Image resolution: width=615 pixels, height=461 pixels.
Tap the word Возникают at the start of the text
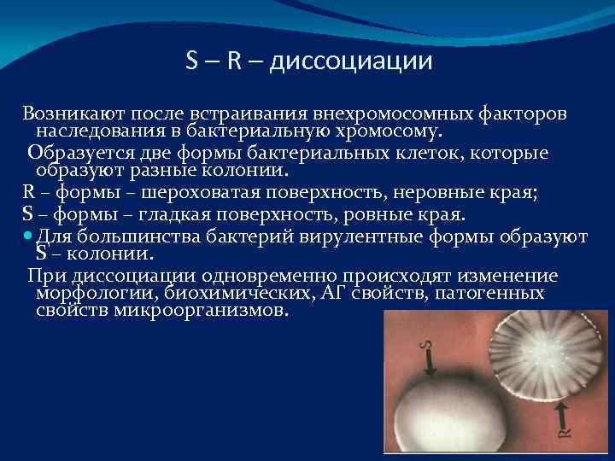65,114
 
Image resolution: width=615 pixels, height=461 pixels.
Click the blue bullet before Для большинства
28,232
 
